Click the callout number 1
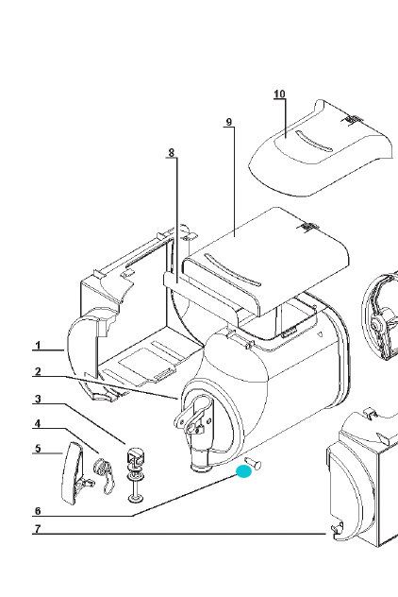click(x=37, y=346)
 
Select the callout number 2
click(x=37, y=371)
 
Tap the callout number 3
click(x=37, y=399)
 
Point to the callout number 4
click(x=37, y=423)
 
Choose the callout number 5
click(x=37, y=448)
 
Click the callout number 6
click(x=37, y=511)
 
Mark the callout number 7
click(x=37, y=529)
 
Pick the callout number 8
click(x=172, y=153)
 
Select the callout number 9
click(x=229, y=122)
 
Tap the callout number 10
click(x=279, y=94)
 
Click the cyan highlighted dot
click(x=243, y=471)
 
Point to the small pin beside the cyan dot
click(x=254, y=463)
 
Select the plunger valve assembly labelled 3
click(x=135, y=475)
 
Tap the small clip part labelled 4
click(x=104, y=474)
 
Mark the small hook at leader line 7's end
click(x=338, y=530)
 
